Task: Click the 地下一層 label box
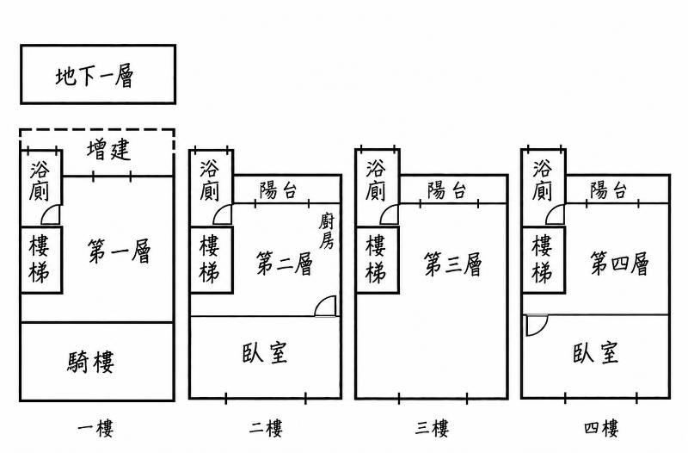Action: (98, 74)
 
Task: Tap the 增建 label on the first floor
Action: (108, 150)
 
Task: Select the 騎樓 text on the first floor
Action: (91, 362)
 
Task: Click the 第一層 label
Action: (119, 251)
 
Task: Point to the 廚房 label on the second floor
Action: (326, 231)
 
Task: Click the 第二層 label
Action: (285, 264)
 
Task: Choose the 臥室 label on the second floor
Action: (265, 353)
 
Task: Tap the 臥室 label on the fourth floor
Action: (595, 353)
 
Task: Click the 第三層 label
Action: (452, 264)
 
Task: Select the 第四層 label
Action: (619, 264)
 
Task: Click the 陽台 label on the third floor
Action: (446, 190)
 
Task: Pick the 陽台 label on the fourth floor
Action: (608, 190)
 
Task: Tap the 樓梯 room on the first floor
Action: (41, 260)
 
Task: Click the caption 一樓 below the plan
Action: (95, 428)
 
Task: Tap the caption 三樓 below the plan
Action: (432, 428)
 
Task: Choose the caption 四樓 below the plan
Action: (601, 428)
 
